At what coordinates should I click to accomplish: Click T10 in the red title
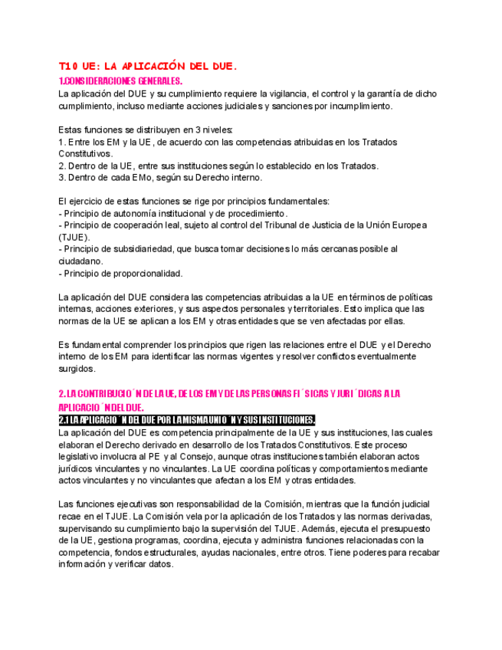[71, 67]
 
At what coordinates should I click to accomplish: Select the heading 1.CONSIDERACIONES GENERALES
[120, 80]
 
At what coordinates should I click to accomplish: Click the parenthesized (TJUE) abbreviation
[74, 237]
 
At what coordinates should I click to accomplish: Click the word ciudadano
[80, 261]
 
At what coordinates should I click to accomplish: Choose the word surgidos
[77, 368]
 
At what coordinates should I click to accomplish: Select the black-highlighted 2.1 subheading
[186, 419]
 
